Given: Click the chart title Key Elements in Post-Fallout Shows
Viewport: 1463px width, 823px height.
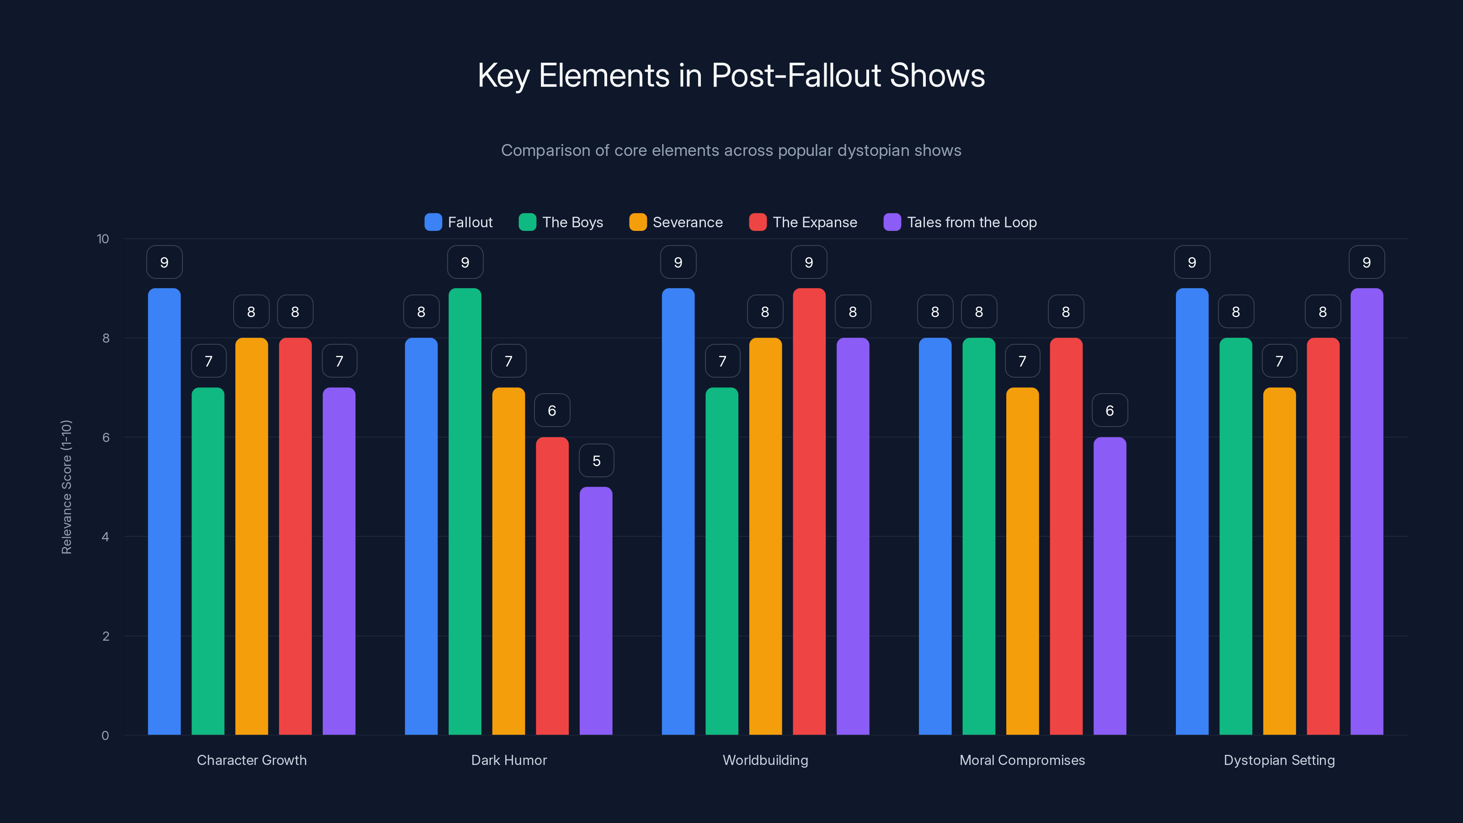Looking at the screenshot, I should pyautogui.click(x=731, y=75).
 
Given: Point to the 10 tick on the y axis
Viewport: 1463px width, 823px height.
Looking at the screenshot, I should pyautogui.click(x=103, y=239).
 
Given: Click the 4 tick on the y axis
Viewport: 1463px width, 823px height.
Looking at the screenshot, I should pyautogui.click(x=105, y=537).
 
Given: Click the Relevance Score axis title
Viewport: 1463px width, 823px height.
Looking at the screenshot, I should pyautogui.click(x=66, y=487).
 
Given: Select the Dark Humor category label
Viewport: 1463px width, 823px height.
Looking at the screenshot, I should pyautogui.click(x=509, y=760).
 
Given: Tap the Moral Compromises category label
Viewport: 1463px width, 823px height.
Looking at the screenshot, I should pyautogui.click(x=1022, y=760).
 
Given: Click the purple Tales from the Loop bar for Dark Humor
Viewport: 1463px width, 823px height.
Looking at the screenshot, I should pyautogui.click(x=596, y=610).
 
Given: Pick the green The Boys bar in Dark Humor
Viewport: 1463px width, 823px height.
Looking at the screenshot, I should pyautogui.click(x=465, y=511).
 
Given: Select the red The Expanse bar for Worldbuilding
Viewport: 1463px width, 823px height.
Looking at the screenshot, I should pyautogui.click(x=809, y=511).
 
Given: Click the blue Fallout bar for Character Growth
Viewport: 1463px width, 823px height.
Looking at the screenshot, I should pyautogui.click(x=164, y=511).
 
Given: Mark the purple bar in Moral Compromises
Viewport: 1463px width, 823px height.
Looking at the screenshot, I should pyautogui.click(x=1109, y=586).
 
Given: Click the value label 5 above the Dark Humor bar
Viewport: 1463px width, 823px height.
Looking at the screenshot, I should pyautogui.click(x=596, y=460).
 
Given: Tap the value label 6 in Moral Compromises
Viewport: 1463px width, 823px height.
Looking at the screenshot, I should pyautogui.click(x=1109, y=411).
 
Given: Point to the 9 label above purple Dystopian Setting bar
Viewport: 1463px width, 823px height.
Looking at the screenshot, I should pyautogui.click(x=1367, y=262).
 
